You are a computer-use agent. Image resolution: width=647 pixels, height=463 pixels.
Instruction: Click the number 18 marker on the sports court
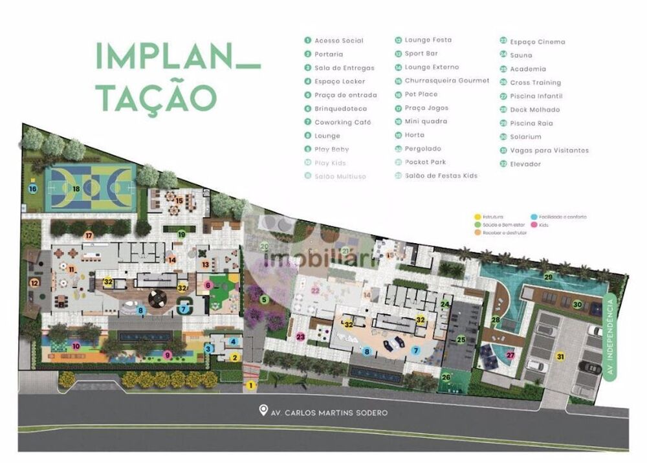tap(76, 189)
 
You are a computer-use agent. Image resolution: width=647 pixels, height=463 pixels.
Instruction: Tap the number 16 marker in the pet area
tap(32, 189)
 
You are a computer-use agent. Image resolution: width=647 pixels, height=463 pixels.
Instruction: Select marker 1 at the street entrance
tap(251, 385)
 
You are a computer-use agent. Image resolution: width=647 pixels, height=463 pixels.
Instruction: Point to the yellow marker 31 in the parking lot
tap(560, 355)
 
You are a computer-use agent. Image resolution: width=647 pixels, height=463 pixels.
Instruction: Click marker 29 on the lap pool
tap(549, 277)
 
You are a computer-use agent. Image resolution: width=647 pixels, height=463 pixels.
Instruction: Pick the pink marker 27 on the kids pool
tap(510, 355)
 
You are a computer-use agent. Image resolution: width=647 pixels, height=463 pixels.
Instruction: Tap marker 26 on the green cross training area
tap(446, 377)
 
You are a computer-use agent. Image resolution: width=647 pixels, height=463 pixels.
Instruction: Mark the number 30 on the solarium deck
tap(578, 305)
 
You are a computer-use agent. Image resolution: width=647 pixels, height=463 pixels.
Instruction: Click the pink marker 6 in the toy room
tap(208, 285)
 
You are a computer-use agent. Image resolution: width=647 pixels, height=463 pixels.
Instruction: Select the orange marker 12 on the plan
tap(34, 283)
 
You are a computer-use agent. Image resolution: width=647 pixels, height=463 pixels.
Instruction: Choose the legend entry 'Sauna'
tap(521, 56)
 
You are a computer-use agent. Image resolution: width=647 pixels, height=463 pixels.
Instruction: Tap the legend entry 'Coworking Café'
tap(342, 122)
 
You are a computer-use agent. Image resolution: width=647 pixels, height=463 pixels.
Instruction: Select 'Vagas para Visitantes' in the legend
tap(549, 151)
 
